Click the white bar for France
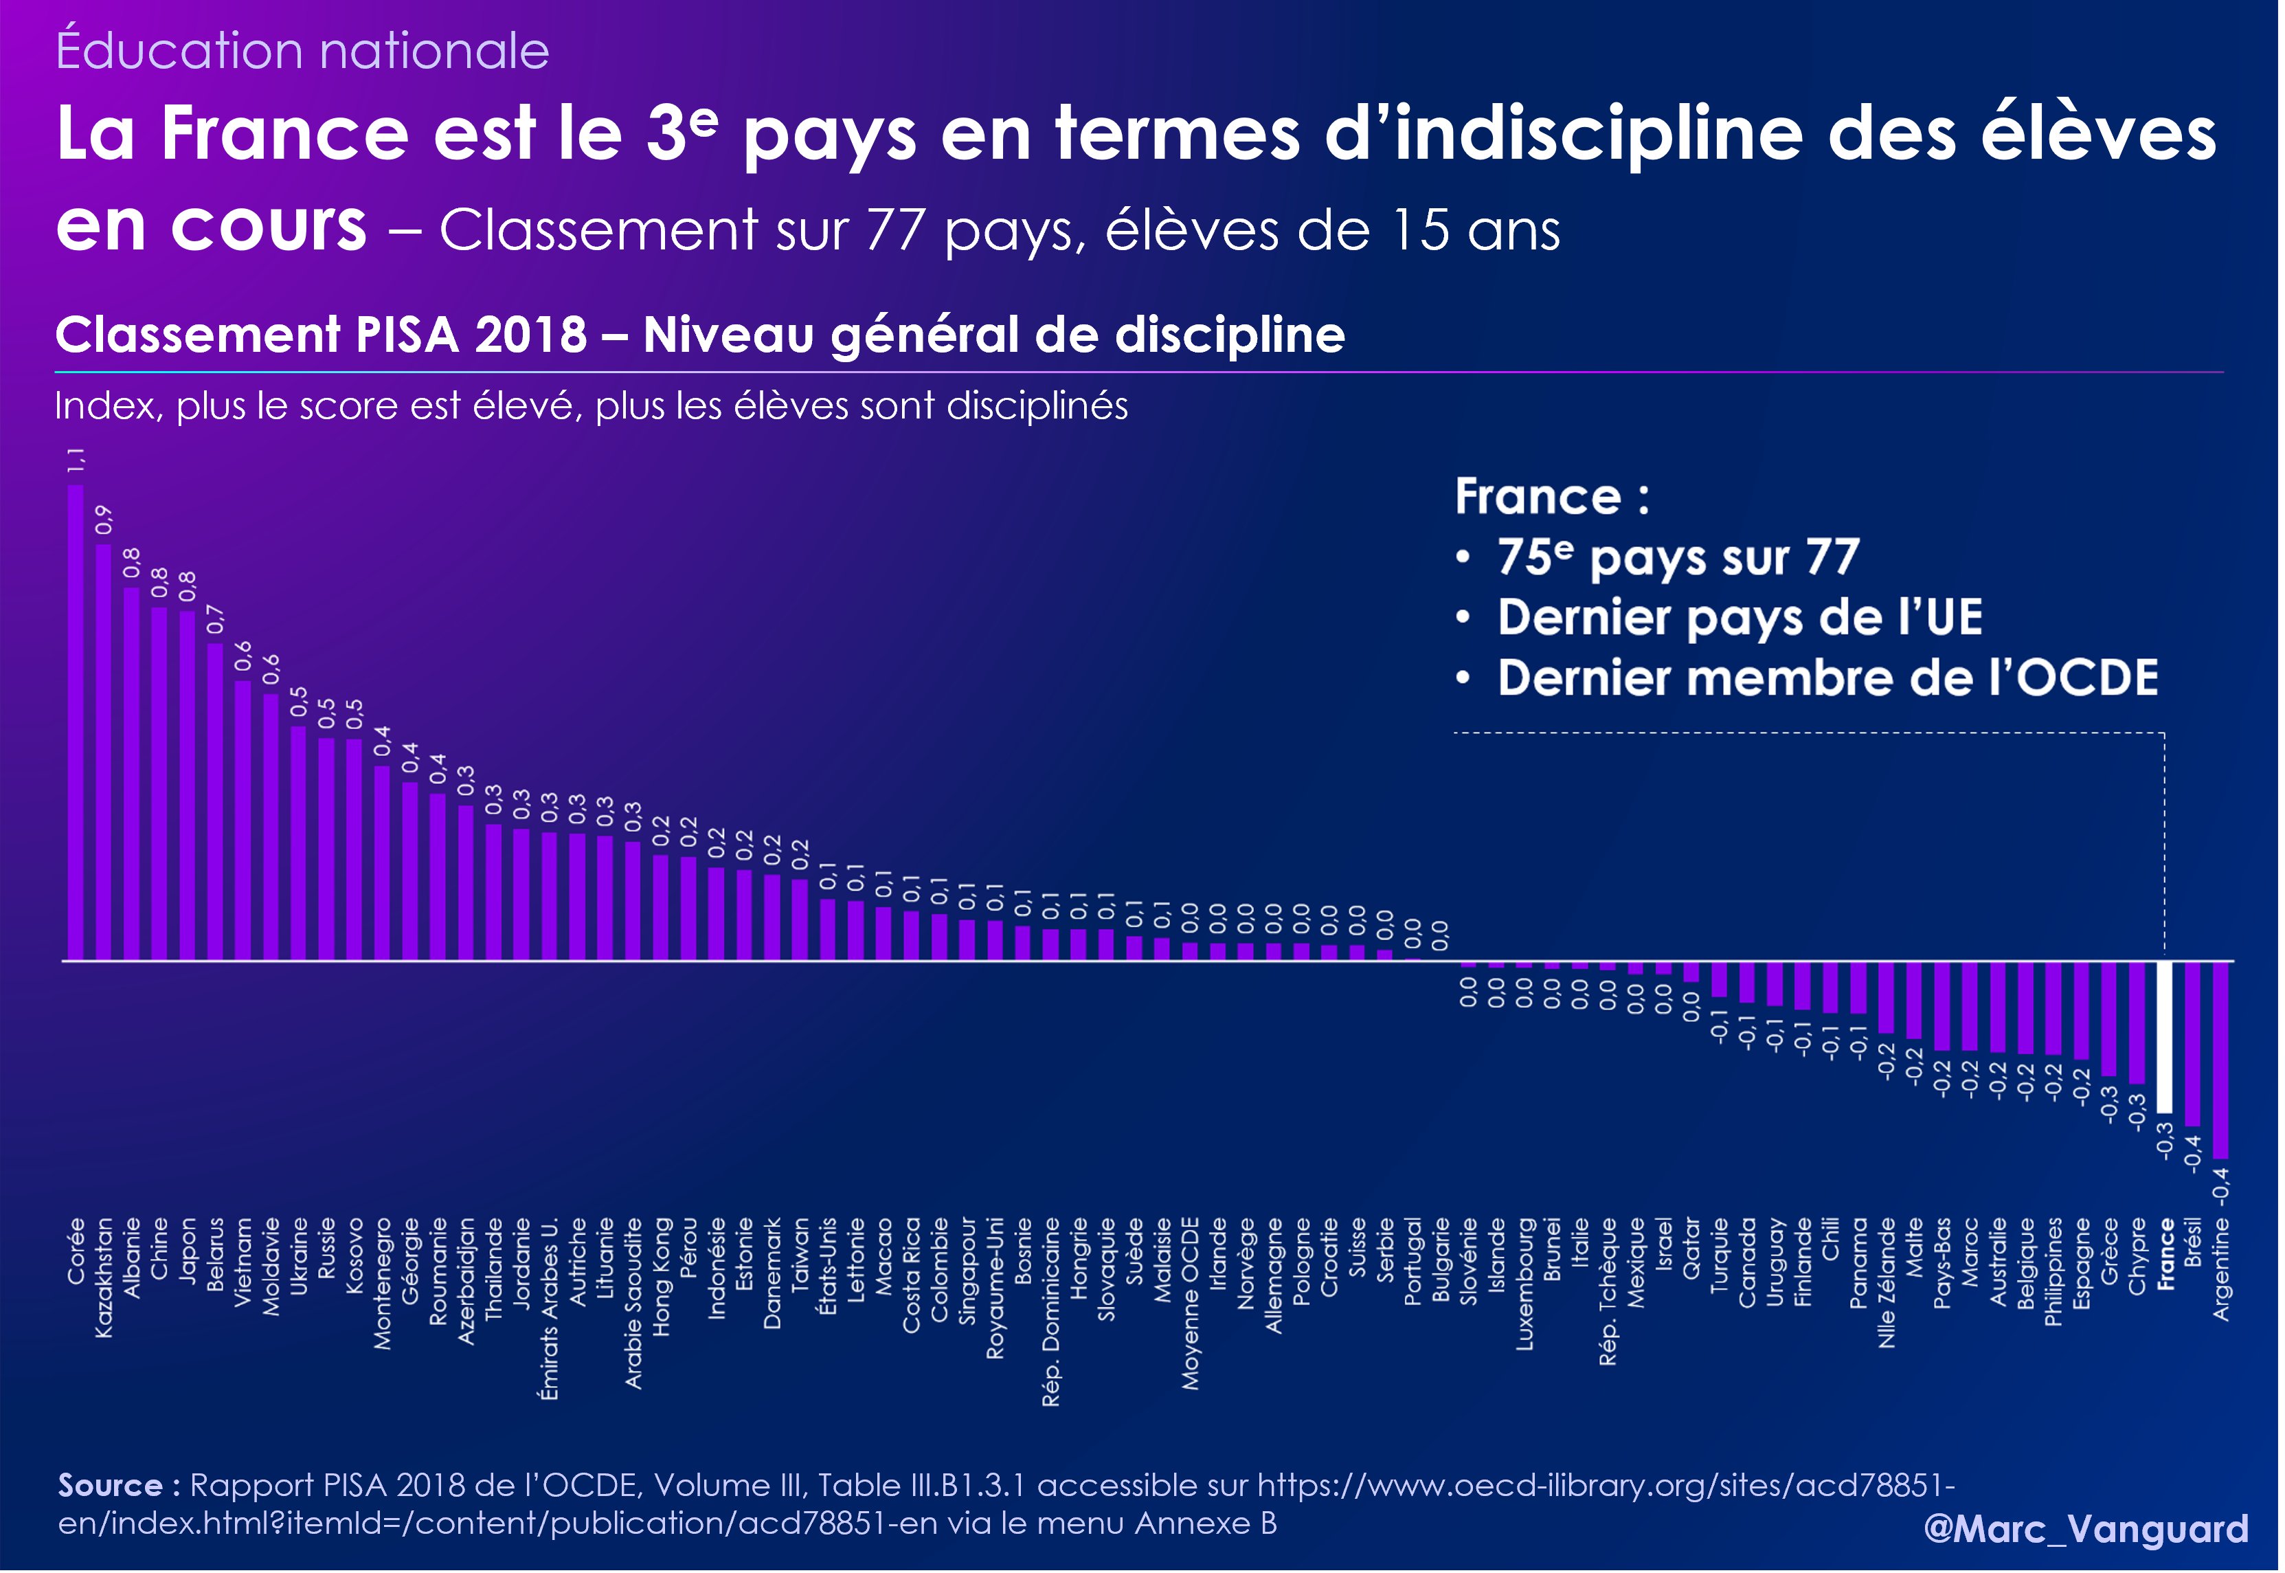2165,1037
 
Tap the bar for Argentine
2222,1060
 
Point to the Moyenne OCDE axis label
1191,1304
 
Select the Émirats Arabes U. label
550,1309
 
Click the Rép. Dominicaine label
1051,1312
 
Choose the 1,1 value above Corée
76,459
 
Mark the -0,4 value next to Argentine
2222,1185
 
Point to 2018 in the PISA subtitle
531,335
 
